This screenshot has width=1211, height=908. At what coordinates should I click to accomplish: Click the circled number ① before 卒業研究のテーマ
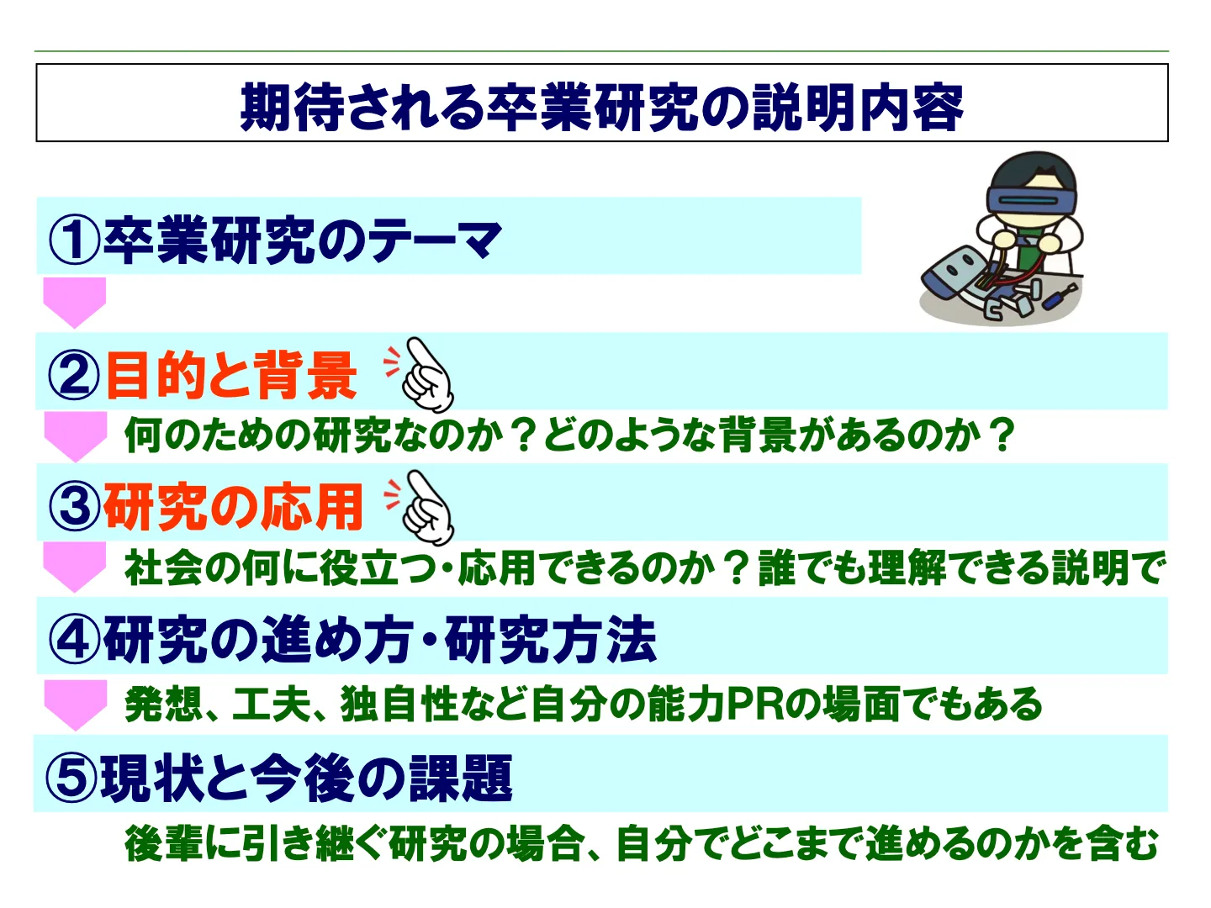tap(75, 240)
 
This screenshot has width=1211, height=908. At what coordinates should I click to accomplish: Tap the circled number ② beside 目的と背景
tap(75, 376)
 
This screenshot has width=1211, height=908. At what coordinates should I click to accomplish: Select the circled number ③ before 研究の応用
tap(75, 506)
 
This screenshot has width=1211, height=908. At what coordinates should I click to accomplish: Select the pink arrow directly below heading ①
tap(75, 303)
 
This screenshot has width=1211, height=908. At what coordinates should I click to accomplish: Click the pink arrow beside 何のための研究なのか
tap(76, 436)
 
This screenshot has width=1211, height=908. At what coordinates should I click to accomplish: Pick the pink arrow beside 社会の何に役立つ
tap(75, 567)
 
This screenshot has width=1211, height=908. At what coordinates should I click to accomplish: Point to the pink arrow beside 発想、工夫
tap(76, 705)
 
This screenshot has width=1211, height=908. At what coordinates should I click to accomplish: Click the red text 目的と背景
tap(231, 376)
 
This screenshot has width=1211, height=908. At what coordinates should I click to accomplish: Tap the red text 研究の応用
tap(233, 506)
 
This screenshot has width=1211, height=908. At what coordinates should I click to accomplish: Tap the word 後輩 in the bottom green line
tap(164, 843)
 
